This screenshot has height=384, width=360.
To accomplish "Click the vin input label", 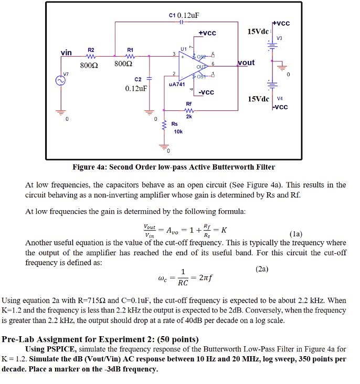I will (66, 53).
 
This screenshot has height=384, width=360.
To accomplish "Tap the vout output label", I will (246, 63).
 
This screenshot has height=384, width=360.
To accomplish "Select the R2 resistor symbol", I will (90, 56).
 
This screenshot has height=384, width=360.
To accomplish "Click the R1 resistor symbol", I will (130, 56).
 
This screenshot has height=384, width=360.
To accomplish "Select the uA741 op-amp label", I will (177, 84).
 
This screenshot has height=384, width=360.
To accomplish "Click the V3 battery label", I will (279, 38).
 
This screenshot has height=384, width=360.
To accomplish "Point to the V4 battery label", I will (280, 98).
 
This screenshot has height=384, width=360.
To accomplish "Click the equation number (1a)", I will (295, 234).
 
